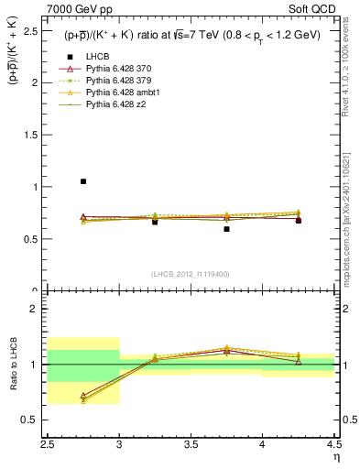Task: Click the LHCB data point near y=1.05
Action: tap(83, 181)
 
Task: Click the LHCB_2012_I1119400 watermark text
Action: tap(191, 274)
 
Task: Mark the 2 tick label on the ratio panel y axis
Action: tap(38, 309)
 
